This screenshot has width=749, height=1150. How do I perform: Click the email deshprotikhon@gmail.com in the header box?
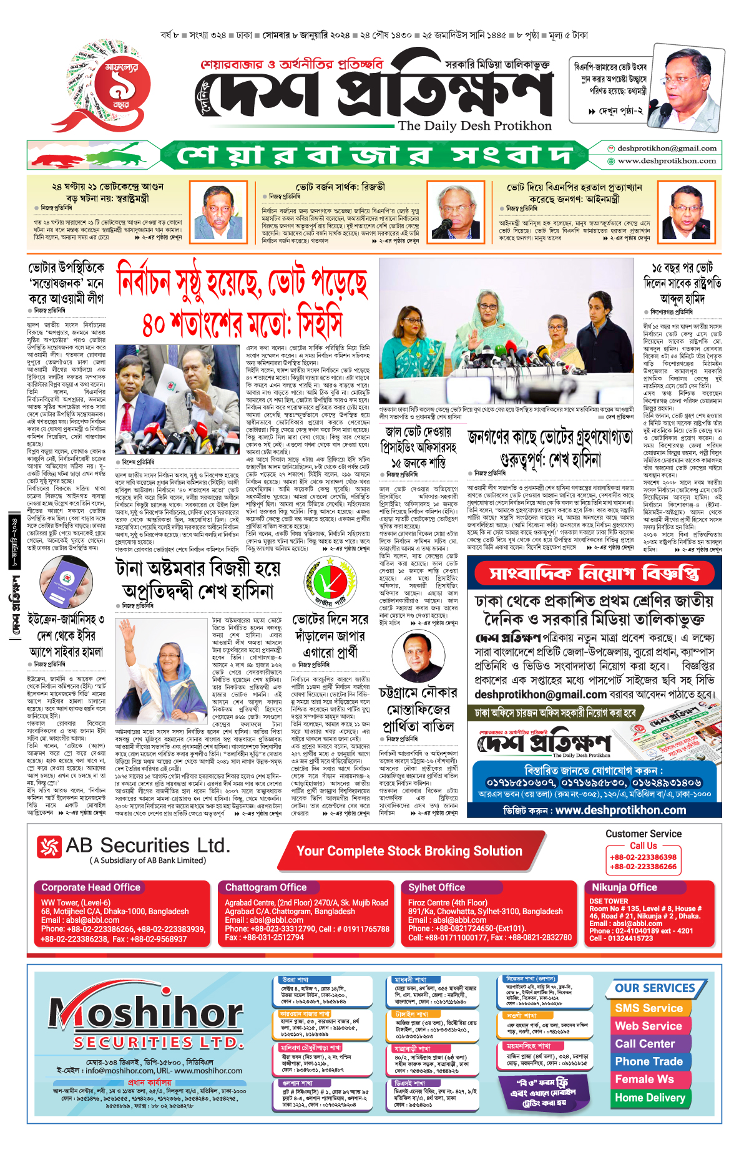[x=667, y=149]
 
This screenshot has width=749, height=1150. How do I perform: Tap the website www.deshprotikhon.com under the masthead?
[x=667, y=161]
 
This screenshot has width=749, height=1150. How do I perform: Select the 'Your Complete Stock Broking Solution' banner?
[x=409, y=851]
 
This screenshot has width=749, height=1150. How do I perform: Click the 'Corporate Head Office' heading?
[x=91, y=887]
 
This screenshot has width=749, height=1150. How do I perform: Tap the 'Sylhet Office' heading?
[x=436, y=887]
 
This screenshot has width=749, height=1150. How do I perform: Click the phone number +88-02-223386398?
[x=643, y=857]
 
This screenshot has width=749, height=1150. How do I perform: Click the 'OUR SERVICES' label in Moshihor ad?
[x=655, y=988]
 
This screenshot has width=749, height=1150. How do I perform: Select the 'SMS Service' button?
[x=649, y=1008]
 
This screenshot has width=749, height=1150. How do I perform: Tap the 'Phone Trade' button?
[x=649, y=1061]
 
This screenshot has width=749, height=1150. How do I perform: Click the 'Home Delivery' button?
[x=650, y=1098]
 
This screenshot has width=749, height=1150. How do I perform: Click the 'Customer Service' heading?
[x=643, y=834]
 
